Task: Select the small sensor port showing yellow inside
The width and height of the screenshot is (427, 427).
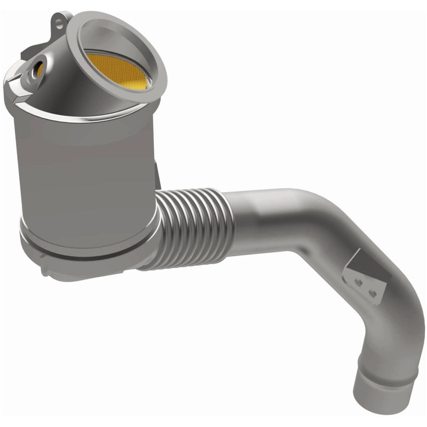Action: point(38,68)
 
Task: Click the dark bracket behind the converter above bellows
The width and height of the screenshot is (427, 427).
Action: point(156,176)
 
